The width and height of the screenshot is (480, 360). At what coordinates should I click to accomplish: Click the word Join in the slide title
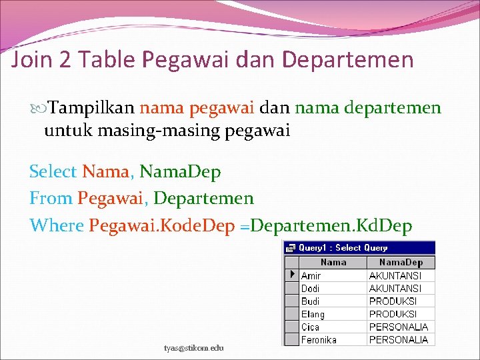pos(30,61)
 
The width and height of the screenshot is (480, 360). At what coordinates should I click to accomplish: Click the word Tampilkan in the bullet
pos(93,107)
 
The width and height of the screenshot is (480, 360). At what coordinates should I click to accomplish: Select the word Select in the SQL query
pos(53,172)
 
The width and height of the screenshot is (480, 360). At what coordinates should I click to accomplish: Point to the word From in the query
pos(50,199)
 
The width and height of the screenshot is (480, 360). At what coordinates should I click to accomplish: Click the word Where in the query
pos(56,225)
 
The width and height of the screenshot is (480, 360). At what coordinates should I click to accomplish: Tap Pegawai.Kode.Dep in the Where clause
pos(161,225)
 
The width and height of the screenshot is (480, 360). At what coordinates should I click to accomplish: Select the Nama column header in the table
pos(333,263)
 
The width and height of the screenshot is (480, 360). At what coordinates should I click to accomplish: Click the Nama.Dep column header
pos(401,263)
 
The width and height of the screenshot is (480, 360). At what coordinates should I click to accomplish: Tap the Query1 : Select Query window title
pos(343,247)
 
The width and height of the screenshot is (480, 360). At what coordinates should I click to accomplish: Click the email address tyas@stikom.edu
pos(194,347)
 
